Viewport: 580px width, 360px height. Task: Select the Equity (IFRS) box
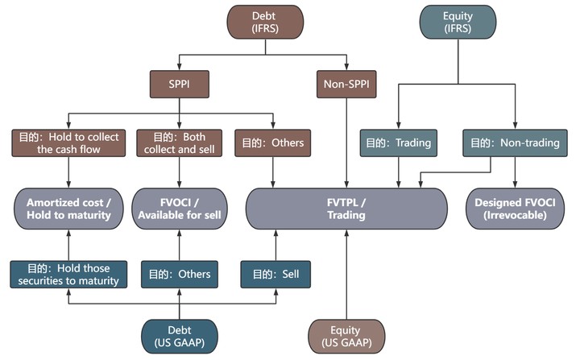point(458,23)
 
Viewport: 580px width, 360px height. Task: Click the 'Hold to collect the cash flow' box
point(67,143)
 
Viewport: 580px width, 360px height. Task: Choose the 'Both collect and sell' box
point(177,143)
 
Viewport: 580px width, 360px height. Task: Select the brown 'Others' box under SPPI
point(274,143)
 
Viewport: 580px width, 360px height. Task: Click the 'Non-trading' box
point(512,143)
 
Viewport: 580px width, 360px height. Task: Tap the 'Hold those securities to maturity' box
point(67,275)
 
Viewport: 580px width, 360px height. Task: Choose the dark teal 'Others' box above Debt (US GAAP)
point(177,275)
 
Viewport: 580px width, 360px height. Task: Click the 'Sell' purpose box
point(275,275)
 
